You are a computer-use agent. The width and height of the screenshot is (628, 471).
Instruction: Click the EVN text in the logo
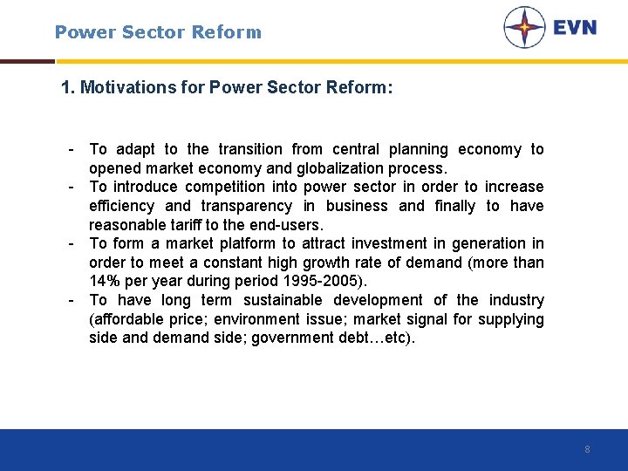pos(575,27)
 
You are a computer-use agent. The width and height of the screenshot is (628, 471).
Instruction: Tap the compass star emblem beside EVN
pos(524,27)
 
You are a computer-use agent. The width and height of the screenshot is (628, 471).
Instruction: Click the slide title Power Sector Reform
pos(158,32)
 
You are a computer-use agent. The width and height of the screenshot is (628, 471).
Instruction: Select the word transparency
pos(247,206)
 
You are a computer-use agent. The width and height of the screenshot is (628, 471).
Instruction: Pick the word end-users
pos(280,225)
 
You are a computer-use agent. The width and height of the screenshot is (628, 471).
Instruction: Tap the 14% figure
pos(105,282)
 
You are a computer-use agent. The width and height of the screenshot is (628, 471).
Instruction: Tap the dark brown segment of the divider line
pos(27,61)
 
